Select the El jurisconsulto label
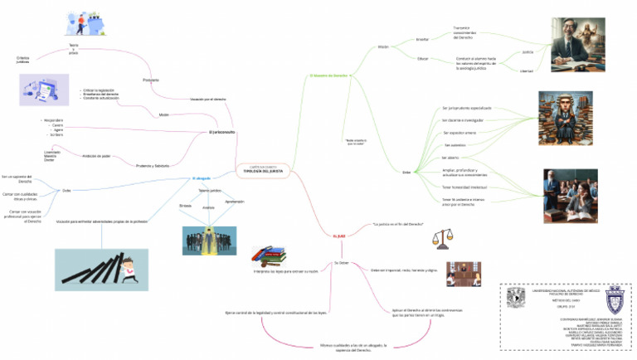222,133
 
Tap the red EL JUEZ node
338,236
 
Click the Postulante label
151,80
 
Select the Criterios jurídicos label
22,60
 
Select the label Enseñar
422,39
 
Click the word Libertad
526,71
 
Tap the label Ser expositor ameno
459,133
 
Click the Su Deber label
342,262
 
